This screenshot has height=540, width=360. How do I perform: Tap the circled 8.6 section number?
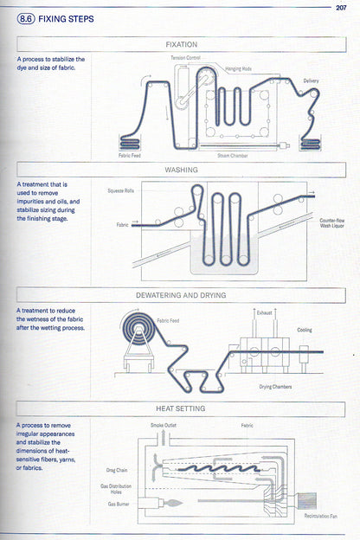pos(25,18)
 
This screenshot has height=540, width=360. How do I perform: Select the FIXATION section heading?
pos(181,44)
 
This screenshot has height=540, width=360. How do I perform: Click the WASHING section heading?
pos(181,170)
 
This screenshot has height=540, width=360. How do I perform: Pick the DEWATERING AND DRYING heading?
pos(181,295)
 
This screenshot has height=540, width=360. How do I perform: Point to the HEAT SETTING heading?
pos(181,408)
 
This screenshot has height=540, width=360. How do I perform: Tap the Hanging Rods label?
pos(238,67)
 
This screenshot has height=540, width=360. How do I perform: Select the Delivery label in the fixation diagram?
pos(312,80)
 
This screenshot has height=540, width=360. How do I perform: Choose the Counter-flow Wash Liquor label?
pos(332,222)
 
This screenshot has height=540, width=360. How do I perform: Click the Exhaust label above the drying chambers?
pos(265,312)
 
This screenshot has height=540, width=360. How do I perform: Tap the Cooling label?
pos(305,330)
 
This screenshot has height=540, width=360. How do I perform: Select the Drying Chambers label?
pos(275,386)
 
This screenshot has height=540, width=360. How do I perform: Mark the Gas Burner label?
pos(119,503)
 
